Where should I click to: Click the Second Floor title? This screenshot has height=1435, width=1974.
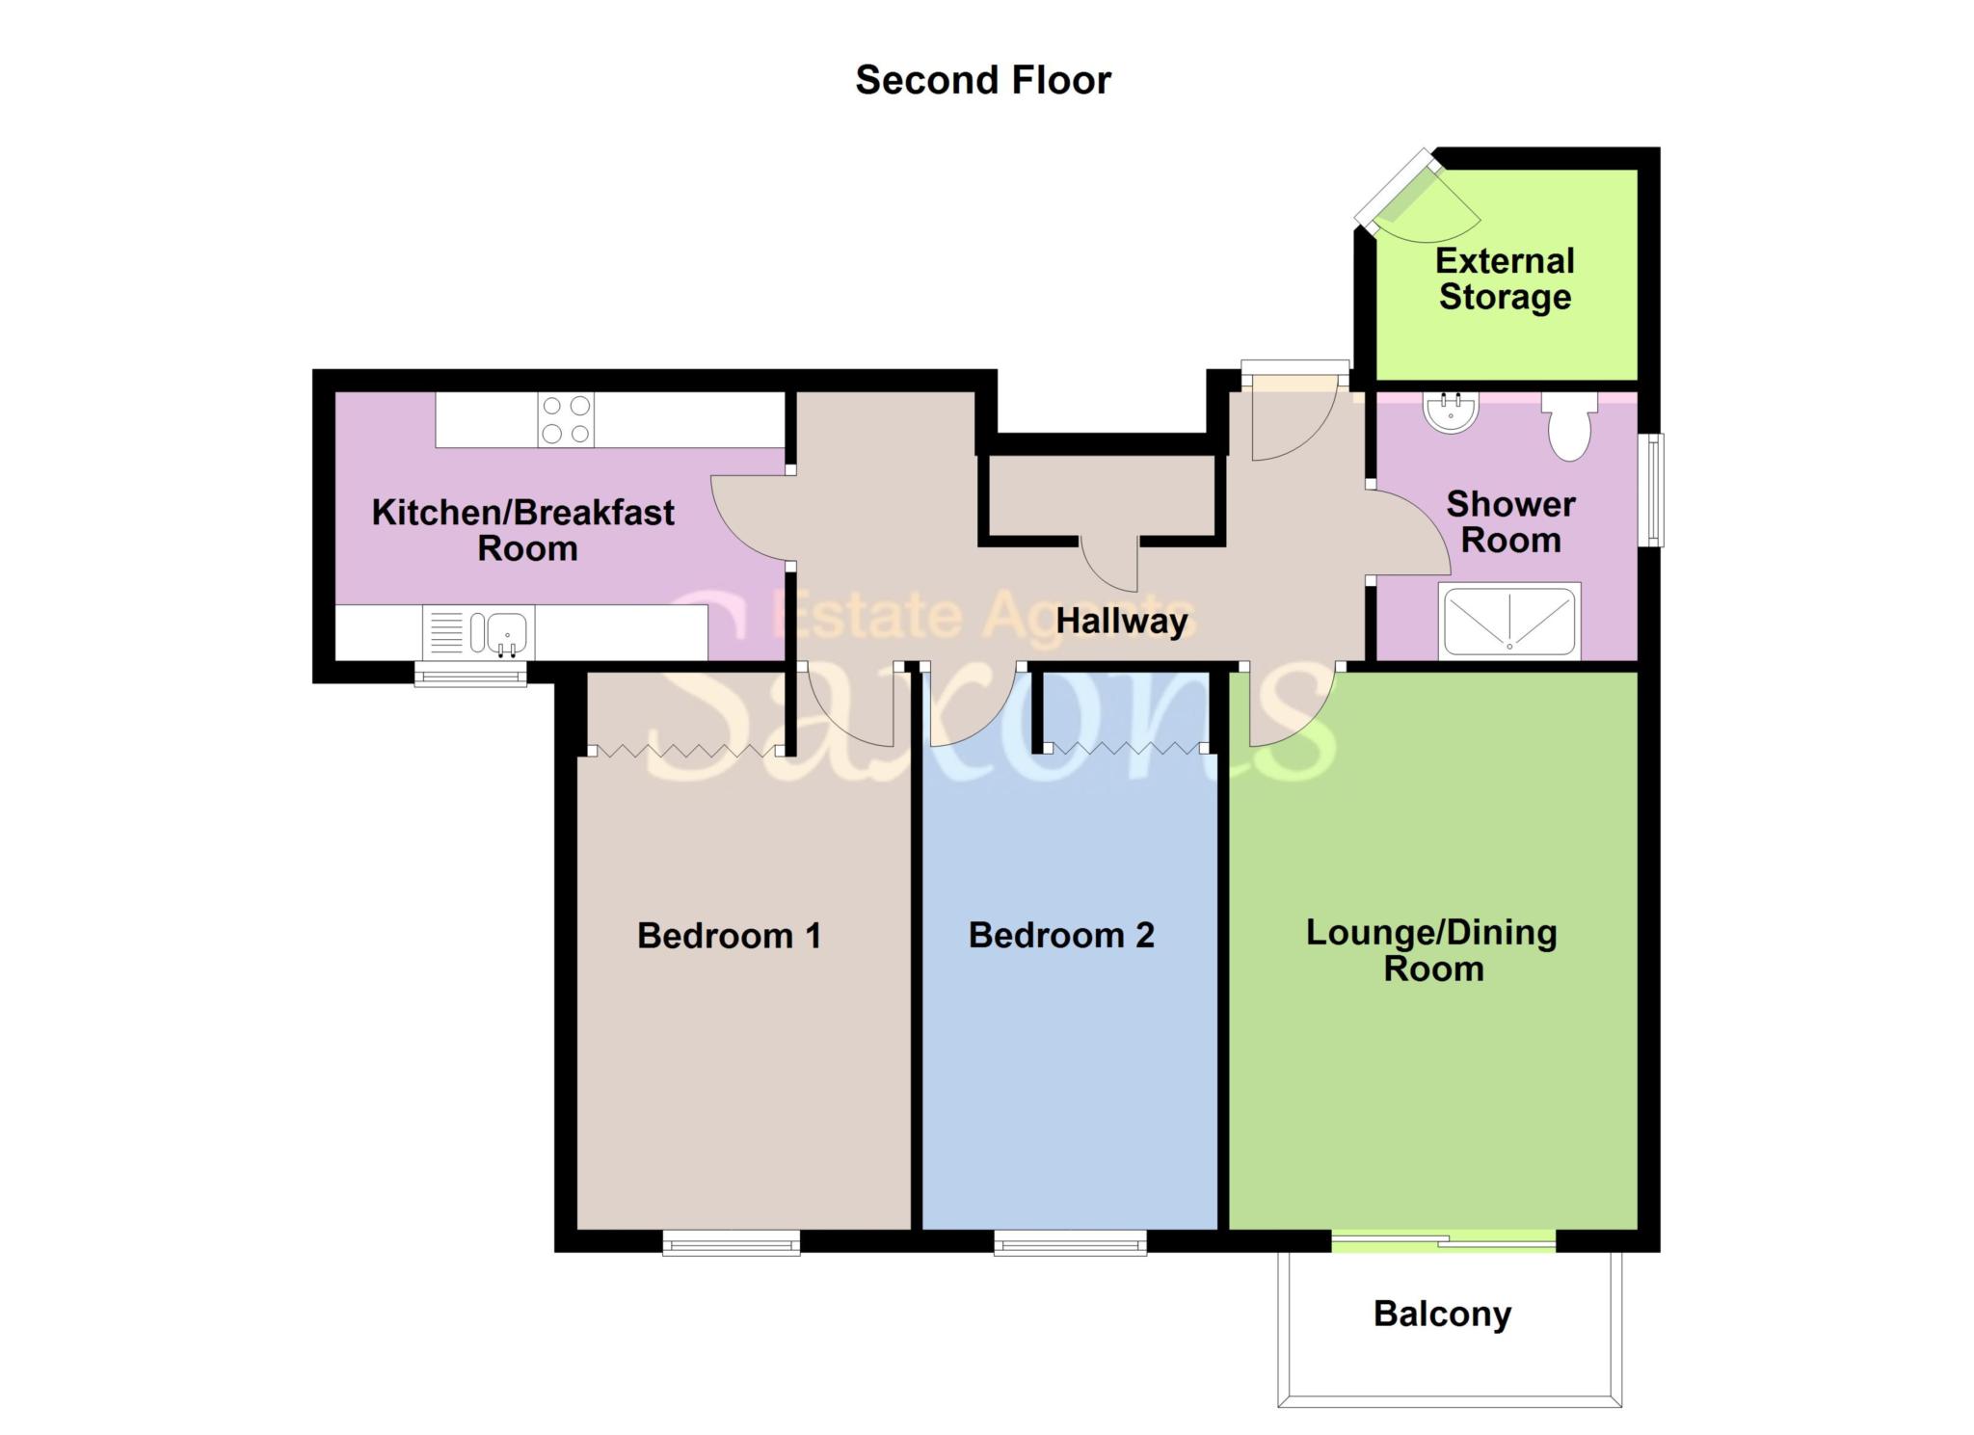(x=982, y=80)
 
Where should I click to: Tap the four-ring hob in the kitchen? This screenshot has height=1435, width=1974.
(x=566, y=420)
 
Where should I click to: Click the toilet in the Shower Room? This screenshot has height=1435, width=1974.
(x=1569, y=426)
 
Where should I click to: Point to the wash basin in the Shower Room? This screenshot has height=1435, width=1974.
(x=1450, y=413)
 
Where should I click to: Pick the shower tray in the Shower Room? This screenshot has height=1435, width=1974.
(x=1508, y=622)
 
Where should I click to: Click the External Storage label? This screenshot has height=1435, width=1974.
(x=1505, y=279)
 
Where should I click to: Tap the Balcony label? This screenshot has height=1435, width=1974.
(x=1442, y=1314)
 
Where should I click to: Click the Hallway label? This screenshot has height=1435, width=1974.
(x=1122, y=622)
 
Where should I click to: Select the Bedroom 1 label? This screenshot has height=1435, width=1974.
(x=729, y=936)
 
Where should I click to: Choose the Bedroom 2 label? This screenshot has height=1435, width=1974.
(x=1061, y=936)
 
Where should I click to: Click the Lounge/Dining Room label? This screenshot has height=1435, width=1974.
(x=1432, y=950)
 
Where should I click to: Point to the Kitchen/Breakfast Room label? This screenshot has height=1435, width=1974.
(x=523, y=530)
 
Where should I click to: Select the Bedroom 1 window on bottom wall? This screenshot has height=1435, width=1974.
(x=732, y=1243)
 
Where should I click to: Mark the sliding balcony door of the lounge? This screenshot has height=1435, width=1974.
(x=1443, y=1242)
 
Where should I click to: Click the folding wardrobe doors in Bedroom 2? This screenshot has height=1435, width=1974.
(x=1124, y=748)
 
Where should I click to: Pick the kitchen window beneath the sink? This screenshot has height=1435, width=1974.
(x=470, y=674)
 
